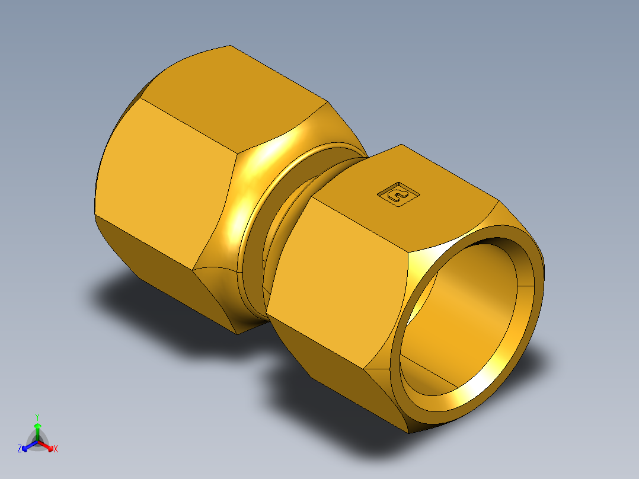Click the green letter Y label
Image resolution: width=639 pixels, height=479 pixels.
(37, 417)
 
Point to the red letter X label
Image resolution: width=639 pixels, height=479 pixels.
(56, 449)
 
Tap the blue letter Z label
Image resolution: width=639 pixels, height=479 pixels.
(20, 449)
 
